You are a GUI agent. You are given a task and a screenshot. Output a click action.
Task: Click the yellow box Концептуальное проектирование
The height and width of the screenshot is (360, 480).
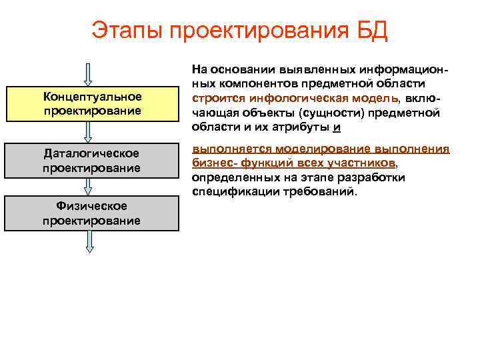click(92, 103)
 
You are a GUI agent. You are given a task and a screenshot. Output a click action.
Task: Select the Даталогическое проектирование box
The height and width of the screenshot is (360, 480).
click(92, 161)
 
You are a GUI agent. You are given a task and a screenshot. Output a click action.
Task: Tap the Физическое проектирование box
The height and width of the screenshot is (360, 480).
click(92, 213)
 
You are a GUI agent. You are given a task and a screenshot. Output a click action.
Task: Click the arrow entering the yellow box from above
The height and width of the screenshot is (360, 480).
click(91, 73)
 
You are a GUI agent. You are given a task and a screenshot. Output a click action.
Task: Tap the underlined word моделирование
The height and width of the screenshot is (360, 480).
click(316, 149)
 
